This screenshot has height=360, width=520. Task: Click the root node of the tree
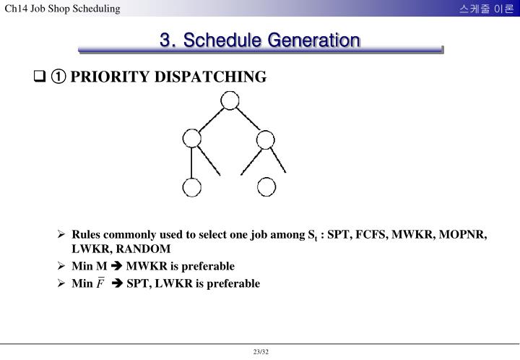coord(230,100)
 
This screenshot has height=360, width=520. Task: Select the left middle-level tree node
coord(191,138)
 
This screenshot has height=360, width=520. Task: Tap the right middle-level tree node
coord(266,138)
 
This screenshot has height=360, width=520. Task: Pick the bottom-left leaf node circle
coord(191,187)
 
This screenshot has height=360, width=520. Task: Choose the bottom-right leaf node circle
coord(266,187)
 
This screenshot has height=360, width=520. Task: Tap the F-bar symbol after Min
coord(101,283)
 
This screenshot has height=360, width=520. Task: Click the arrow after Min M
coord(116,266)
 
